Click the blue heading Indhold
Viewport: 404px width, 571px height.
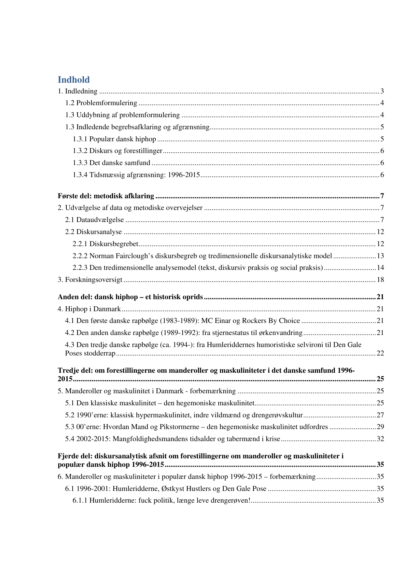[74, 80]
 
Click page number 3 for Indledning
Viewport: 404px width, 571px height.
[382, 91]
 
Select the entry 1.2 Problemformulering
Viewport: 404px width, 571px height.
[101, 103]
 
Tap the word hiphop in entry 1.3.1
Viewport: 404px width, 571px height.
[146, 139]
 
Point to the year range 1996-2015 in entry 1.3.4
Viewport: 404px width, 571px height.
[184, 175]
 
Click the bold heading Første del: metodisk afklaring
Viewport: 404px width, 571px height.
[106, 196]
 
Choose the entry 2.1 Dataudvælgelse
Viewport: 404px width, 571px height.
[94, 220]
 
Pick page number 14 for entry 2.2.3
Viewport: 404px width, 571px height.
[380, 268]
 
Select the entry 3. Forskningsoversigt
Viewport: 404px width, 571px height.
[90, 280]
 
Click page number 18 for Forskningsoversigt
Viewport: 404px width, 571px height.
[380, 280]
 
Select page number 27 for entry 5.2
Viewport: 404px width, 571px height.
[380, 415]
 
